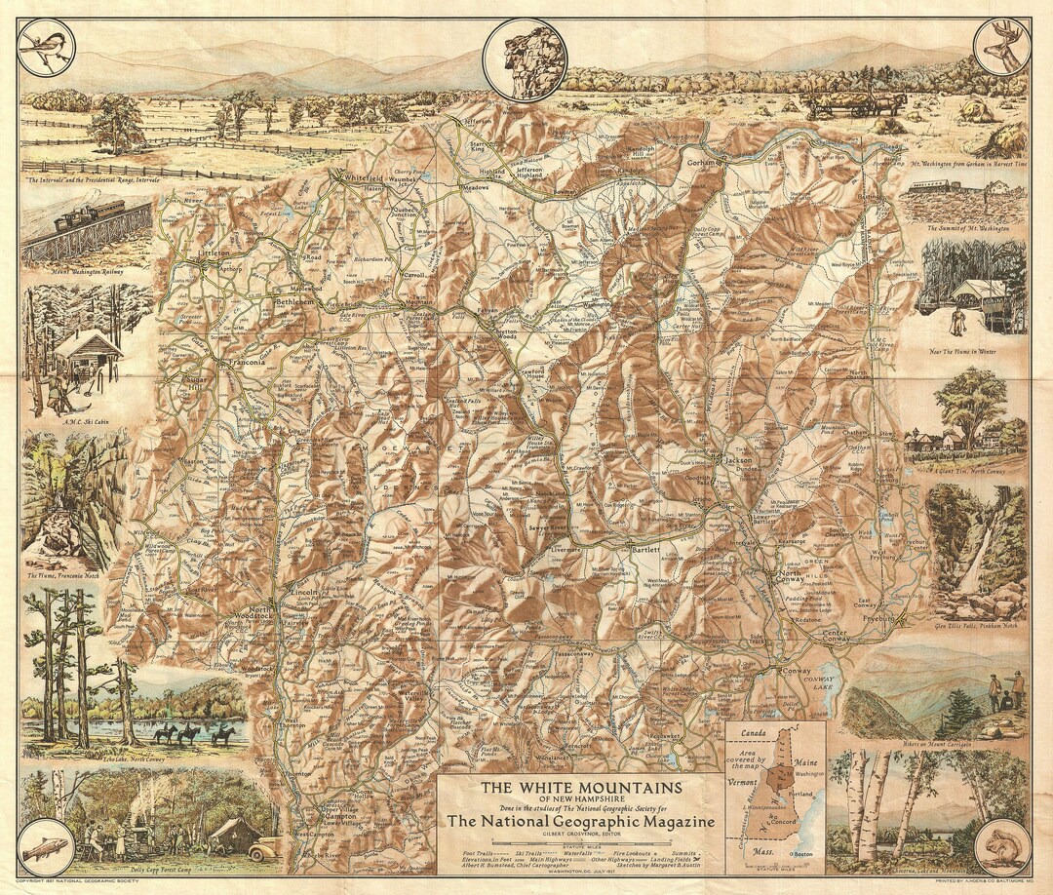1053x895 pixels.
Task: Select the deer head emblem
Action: (x=1001, y=46)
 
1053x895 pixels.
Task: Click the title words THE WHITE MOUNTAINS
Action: (x=579, y=787)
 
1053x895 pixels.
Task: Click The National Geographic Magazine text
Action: (x=581, y=822)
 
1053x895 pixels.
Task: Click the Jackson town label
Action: (x=739, y=457)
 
